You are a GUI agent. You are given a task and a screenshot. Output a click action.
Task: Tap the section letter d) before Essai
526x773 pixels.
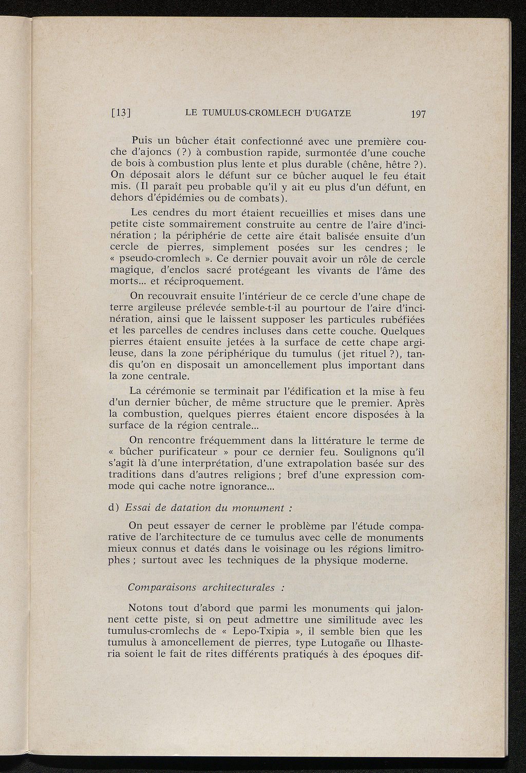tap(115, 508)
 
